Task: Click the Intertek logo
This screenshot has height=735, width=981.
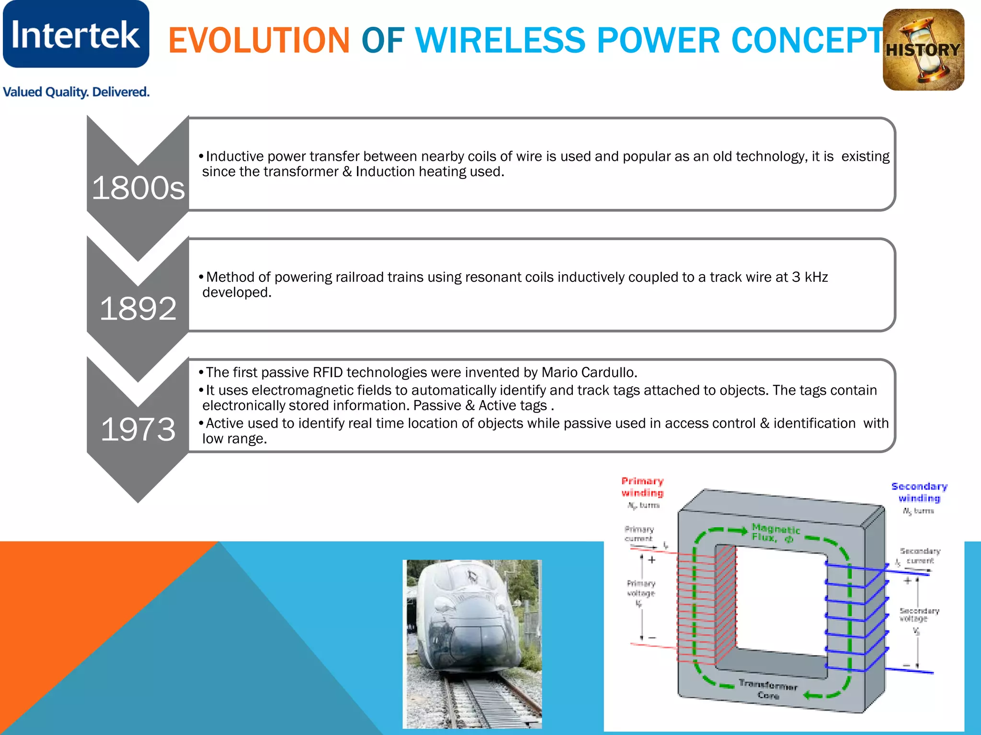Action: click(x=76, y=34)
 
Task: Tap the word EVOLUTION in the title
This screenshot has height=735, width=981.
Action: click(x=259, y=40)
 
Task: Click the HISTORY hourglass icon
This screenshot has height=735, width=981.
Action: click(x=923, y=50)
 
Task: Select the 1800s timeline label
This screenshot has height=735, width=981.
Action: click(x=138, y=188)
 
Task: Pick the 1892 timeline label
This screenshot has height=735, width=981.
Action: click(x=138, y=308)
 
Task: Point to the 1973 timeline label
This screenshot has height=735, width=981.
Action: click(x=138, y=429)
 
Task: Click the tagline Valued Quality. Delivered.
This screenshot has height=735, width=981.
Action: click(x=76, y=92)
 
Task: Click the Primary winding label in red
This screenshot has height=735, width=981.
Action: click(x=642, y=487)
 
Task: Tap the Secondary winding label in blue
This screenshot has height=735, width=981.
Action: click(x=919, y=492)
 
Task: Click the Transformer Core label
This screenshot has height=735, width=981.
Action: click(x=768, y=689)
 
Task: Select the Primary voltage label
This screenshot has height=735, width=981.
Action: click(x=641, y=588)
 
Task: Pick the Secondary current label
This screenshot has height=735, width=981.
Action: click(x=920, y=556)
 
